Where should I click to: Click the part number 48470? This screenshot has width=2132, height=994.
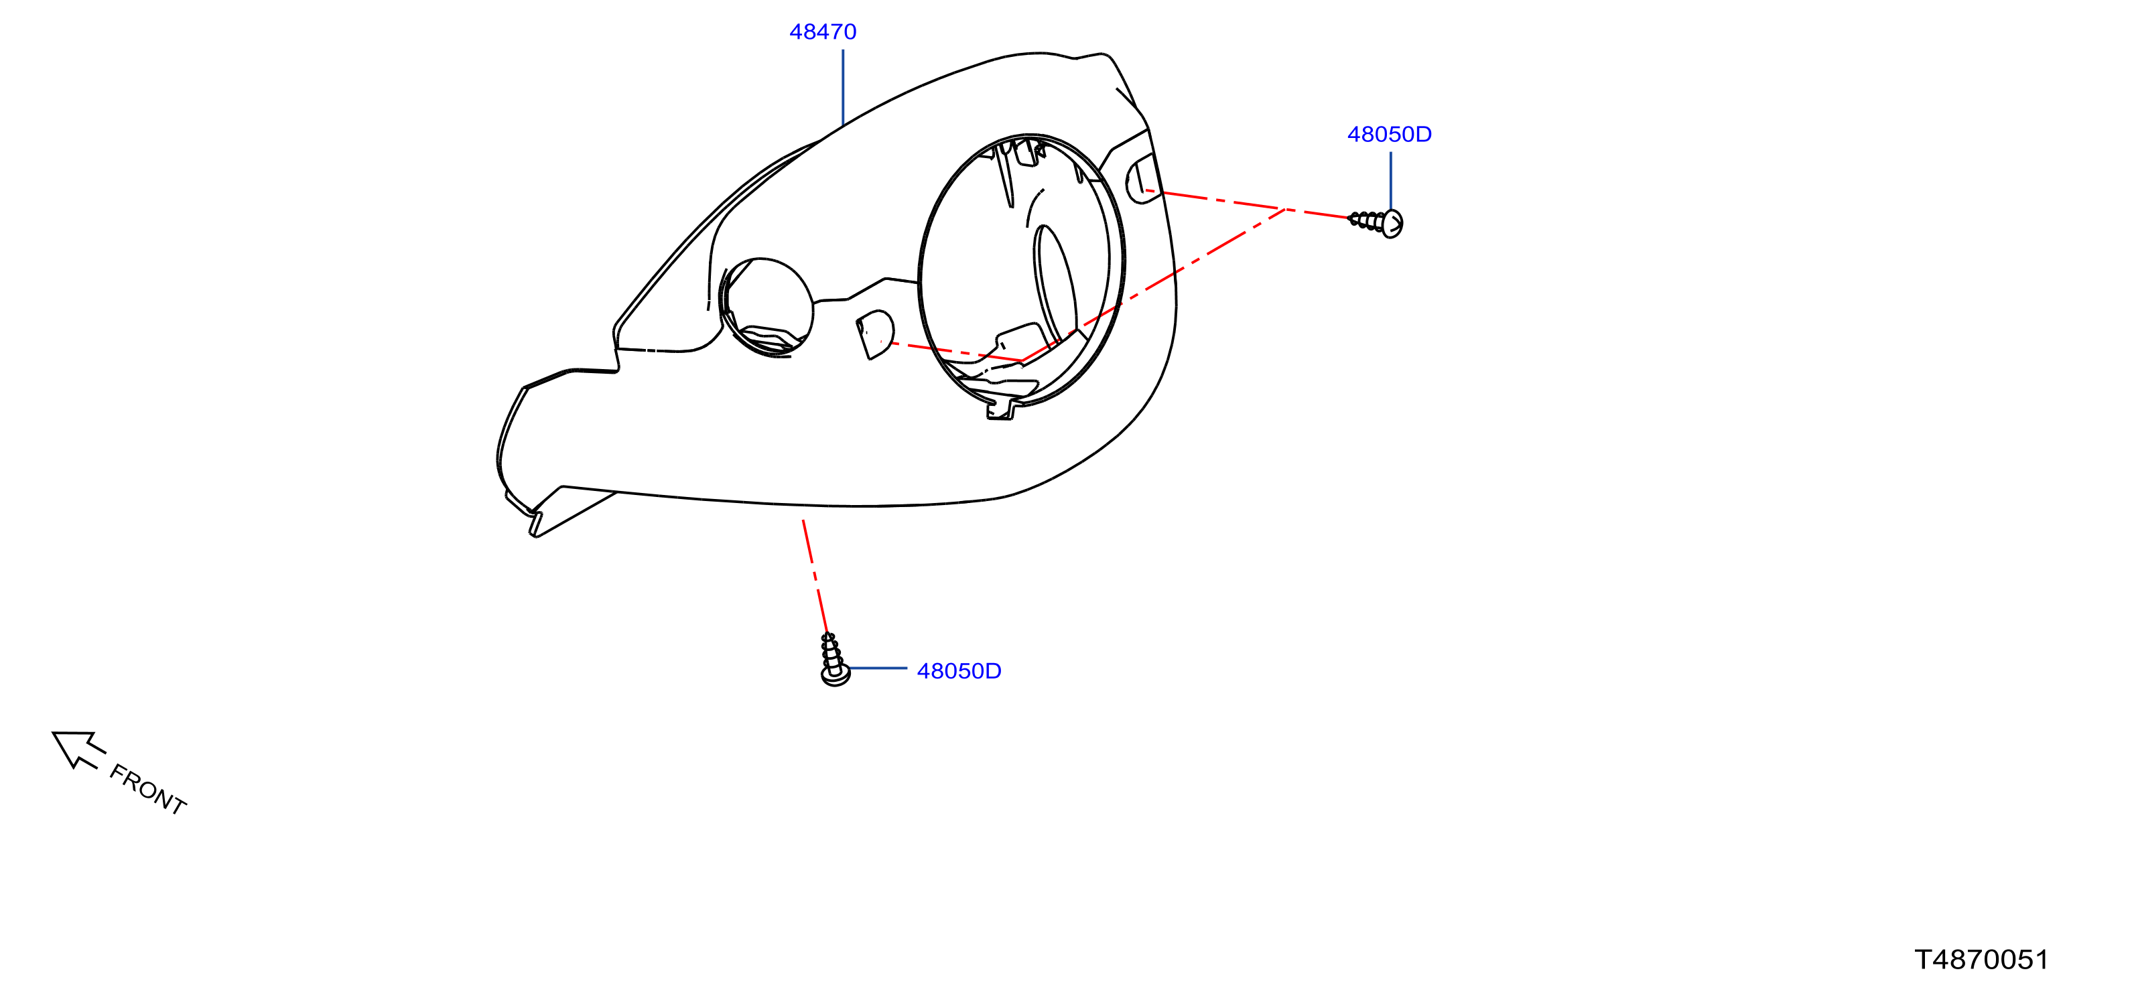tap(823, 31)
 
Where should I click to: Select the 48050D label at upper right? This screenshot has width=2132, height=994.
tap(1390, 134)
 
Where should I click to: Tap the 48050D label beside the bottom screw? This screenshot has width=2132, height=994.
tap(959, 670)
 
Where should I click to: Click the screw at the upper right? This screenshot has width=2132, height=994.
tap(1376, 222)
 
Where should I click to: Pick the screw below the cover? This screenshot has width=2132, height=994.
tap(833, 660)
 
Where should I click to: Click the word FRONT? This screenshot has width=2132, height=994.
tap(148, 790)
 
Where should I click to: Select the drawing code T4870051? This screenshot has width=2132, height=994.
tap(1981, 959)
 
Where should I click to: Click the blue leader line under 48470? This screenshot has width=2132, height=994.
tap(842, 88)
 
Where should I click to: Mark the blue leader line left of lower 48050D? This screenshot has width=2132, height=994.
tap(878, 668)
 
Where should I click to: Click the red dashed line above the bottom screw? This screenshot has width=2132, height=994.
tap(815, 577)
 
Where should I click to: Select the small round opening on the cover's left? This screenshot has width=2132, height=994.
tap(767, 306)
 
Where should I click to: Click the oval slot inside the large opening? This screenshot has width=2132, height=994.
tap(1055, 281)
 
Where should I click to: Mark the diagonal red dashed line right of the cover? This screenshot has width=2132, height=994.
tap(1153, 285)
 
